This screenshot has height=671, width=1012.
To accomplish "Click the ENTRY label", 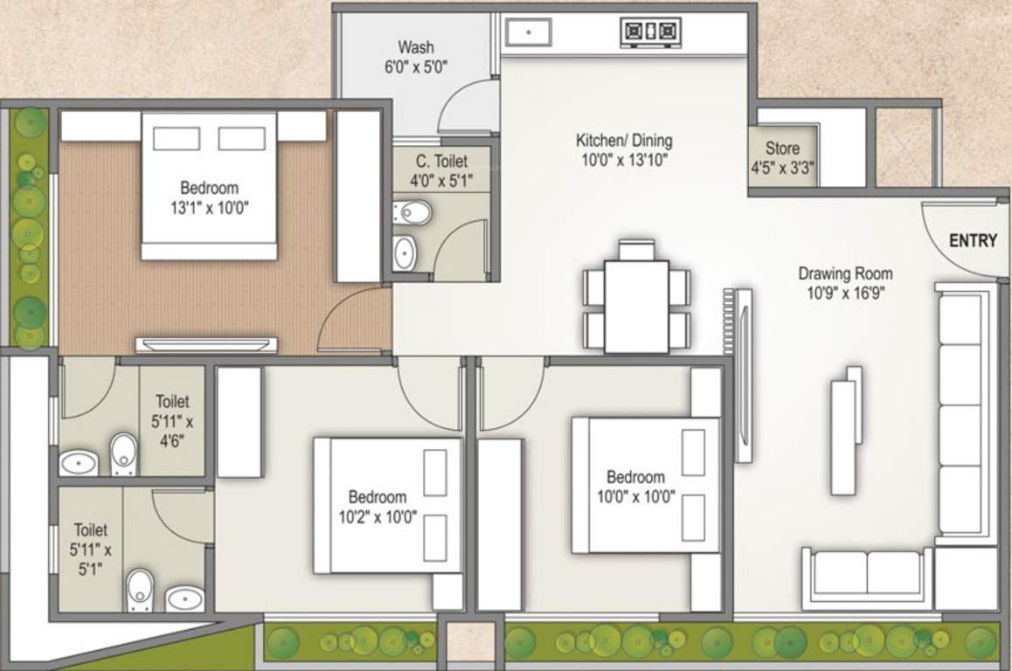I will [x=972, y=241].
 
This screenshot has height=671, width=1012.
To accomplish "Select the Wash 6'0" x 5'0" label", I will [x=415, y=56].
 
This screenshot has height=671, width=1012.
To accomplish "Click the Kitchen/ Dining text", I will [x=624, y=141].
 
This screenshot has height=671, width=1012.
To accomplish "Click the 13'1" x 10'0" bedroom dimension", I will [x=209, y=209].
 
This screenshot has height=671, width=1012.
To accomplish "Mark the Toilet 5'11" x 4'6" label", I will [x=173, y=420].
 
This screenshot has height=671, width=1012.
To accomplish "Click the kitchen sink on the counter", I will [x=527, y=32].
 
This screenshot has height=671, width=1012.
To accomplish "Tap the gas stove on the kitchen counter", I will [x=650, y=33].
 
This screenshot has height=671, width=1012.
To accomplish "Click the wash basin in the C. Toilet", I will [x=405, y=252].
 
